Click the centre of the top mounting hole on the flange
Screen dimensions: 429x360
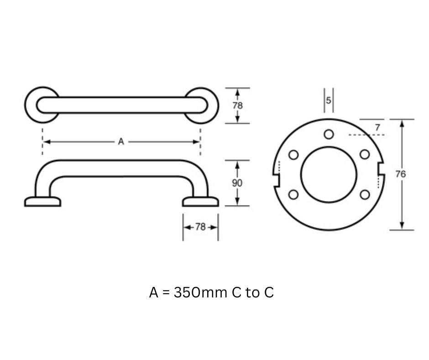329,134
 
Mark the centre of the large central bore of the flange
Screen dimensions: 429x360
329,175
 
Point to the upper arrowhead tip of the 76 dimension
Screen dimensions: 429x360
402,120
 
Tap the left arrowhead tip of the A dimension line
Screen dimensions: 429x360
43,142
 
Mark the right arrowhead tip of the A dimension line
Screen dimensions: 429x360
200,142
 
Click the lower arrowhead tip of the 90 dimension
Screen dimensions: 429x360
237,205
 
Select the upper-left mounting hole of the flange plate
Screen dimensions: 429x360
293,155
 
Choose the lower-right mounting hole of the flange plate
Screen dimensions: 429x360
365,195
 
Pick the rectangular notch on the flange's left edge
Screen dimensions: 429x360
276,180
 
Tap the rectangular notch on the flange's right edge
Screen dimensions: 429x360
382,168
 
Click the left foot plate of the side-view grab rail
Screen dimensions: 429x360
43,201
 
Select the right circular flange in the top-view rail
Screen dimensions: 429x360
202,106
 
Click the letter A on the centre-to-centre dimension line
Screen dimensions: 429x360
121,142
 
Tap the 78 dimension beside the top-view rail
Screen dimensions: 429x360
237,106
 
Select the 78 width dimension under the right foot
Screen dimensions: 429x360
200,227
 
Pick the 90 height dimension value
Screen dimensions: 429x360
237,183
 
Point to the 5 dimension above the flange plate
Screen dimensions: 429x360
329,100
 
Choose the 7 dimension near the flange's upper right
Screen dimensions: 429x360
377,127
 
